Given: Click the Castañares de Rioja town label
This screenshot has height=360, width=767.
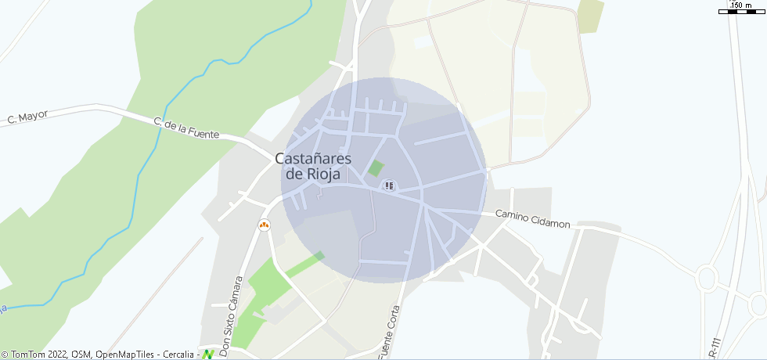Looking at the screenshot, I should click(x=313, y=166).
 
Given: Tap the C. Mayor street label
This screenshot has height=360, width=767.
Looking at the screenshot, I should click(x=27, y=117).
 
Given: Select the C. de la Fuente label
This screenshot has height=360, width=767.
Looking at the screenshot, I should click(x=186, y=128).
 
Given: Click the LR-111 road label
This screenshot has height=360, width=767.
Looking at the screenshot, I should click(x=713, y=349).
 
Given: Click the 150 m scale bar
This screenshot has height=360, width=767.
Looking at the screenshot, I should click(x=740, y=12).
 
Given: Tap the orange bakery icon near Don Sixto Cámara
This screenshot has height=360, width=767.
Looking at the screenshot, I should click(x=265, y=225).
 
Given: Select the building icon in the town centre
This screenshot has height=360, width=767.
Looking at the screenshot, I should click(x=389, y=185).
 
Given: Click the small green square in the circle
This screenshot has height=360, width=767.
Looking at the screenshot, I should click(x=376, y=167).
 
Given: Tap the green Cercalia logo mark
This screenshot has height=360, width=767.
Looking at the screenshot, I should click(x=208, y=355).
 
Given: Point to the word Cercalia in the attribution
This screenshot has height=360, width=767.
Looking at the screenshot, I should click(x=179, y=355).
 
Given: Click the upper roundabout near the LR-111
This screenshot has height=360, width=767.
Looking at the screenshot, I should click(x=708, y=276).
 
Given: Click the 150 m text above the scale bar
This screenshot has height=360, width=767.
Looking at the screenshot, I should click(x=740, y=5).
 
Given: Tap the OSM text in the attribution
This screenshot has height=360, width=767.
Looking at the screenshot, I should click(x=81, y=355).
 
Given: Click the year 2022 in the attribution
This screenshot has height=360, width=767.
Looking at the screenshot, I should click(x=58, y=355).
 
